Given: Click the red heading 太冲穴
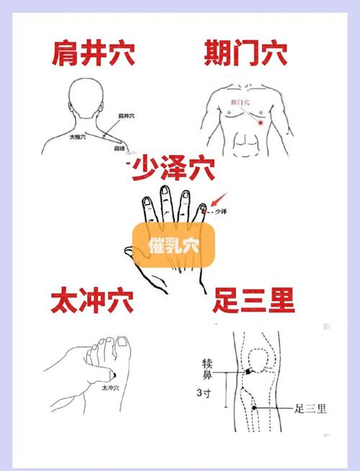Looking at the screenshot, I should coord(91,300).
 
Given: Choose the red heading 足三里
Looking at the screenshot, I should coord(254,300).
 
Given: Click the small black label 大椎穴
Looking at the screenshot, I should coord(78,135).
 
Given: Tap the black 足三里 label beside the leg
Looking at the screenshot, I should coord(310,409).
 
